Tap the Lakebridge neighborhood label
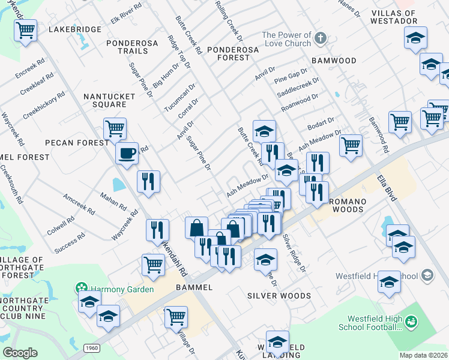tap(71, 29)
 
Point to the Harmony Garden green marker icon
tap(78, 289)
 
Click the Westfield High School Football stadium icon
tap(411, 322)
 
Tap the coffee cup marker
tap(127, 153)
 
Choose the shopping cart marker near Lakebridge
tap(26, 29)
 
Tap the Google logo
tap(20, 353)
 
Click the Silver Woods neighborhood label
tap(279, 296)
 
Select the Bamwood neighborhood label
tap(334, 61)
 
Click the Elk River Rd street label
tap(126, 14)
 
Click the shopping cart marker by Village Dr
tap(176, 316)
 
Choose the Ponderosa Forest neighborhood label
tap(228, 53)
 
